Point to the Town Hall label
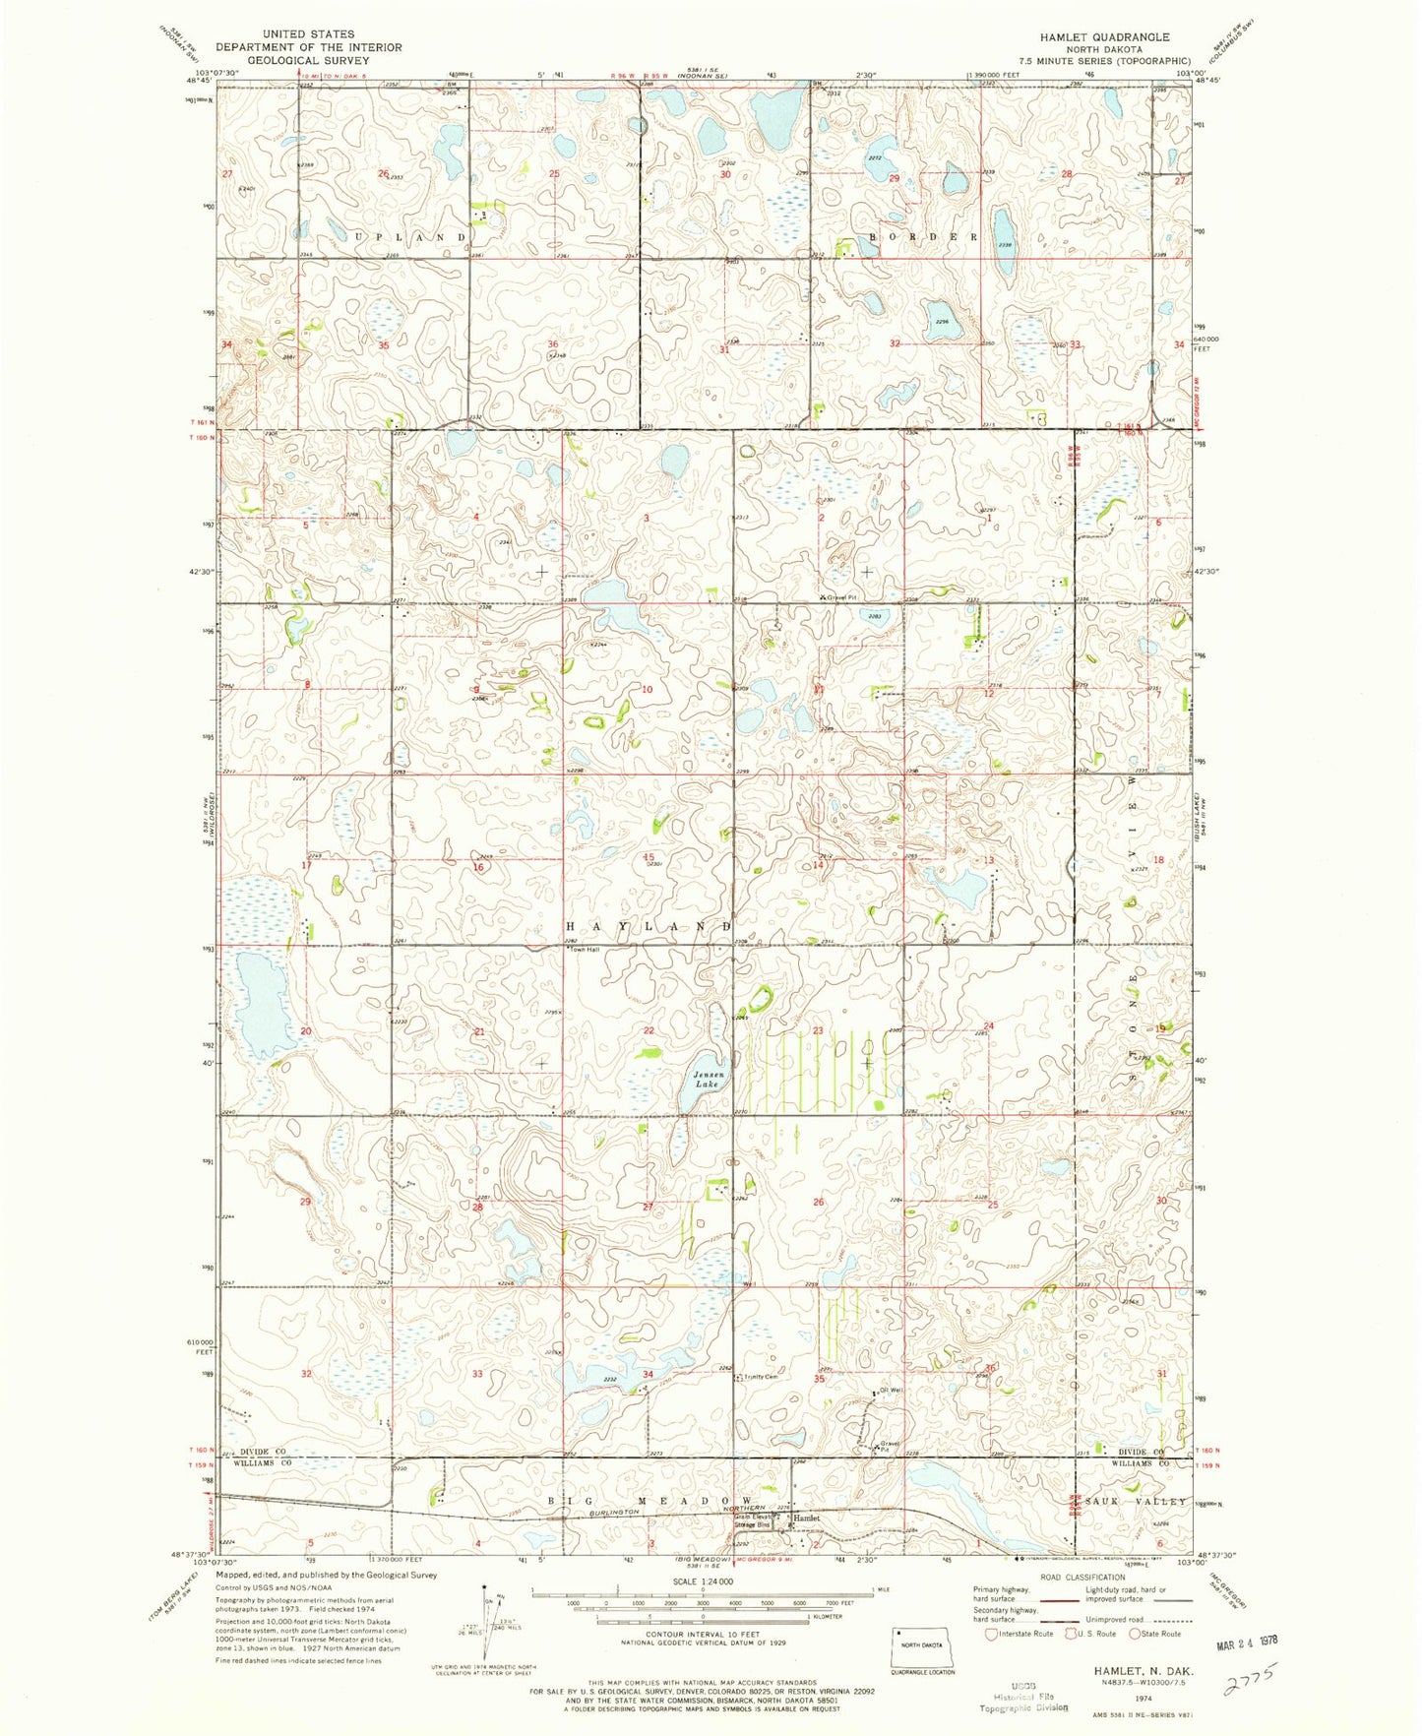[x=587, y=950]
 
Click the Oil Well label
[x=890, y=1391]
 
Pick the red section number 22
[x=649, y=1030]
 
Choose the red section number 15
[x=649, y=858]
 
